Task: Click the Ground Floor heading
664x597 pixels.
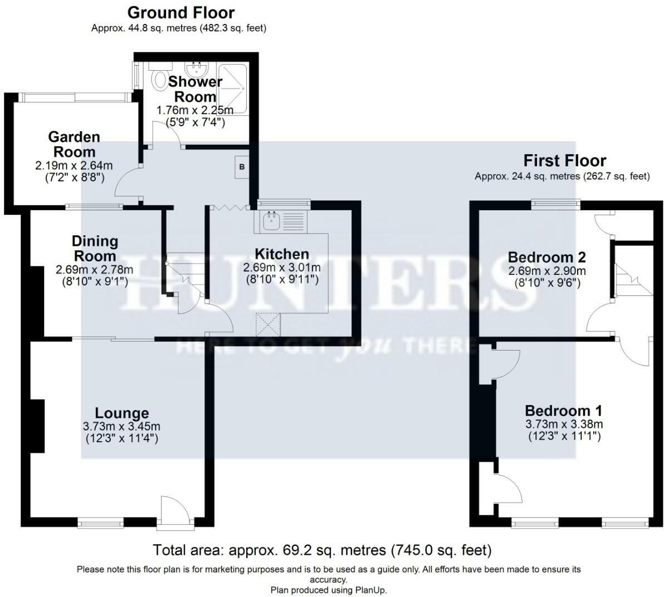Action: tap(181, 12)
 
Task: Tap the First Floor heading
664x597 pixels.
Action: tap(564, 161)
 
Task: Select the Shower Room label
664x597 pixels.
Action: tap(195, 88)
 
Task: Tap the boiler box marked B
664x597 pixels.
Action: tap(242, 167)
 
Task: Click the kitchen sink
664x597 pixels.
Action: tap(272, 221)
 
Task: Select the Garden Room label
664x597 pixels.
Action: tap(74, 144)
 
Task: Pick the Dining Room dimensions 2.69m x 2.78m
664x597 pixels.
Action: tap(94, 270)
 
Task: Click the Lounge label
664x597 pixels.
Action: tap(122, 413)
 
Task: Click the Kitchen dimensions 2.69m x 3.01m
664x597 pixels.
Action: tap(281, 268)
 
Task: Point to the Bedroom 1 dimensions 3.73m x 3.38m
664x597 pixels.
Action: tap(564, 424)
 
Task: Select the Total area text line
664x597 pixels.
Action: tap(322, 550)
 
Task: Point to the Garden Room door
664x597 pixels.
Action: tap(125, 184)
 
